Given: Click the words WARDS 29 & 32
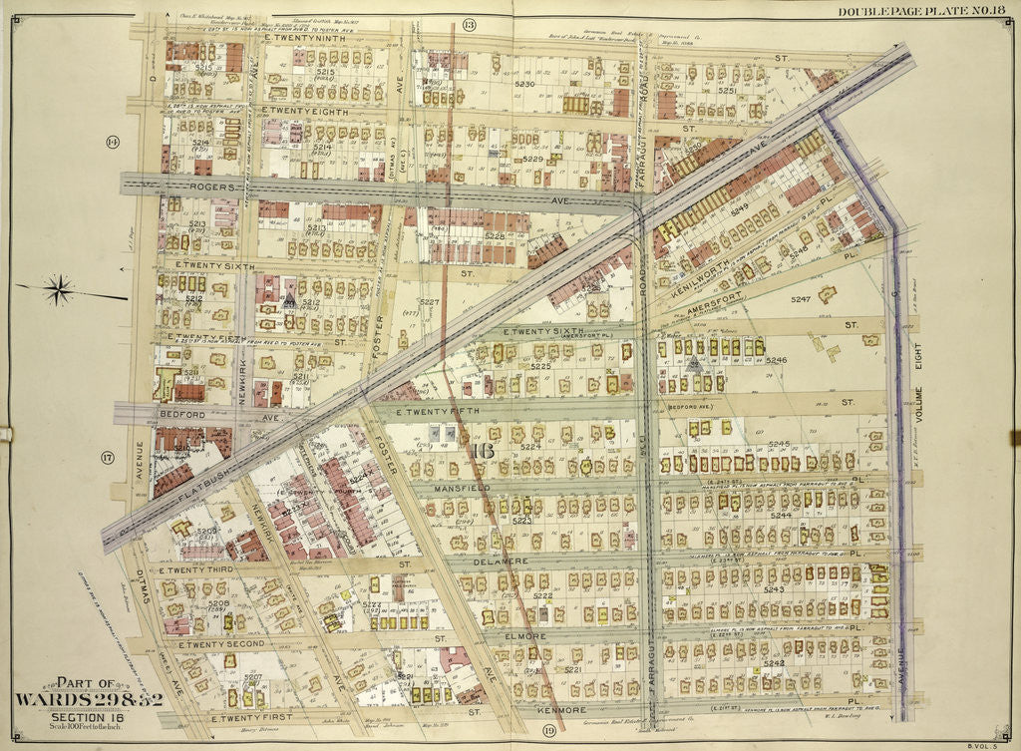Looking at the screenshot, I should coord(89,698).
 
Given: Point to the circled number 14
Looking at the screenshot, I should coord(112,143).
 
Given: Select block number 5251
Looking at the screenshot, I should coord(726,91).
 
